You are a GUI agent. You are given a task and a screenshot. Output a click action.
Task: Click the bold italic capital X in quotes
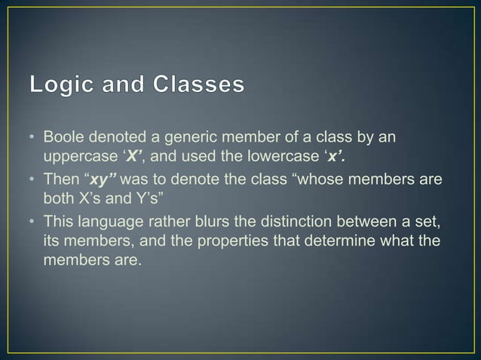pyautogui.click(x=133, y=156)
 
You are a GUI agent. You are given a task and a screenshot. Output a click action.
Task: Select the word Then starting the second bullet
pyautogui.click(x=60, y=182)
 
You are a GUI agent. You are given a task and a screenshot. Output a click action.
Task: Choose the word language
pyautogui.click(x=106, y=221)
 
